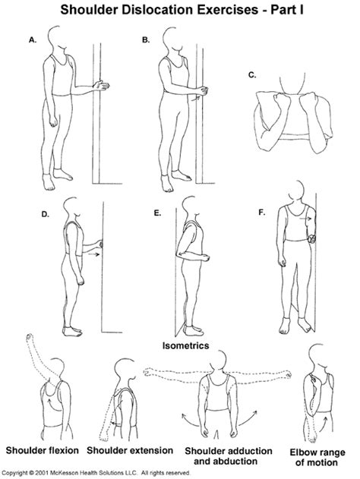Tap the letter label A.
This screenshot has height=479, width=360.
pos(33,39)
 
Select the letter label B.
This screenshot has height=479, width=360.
pos(146,39)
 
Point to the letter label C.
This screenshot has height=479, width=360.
pos(252,75)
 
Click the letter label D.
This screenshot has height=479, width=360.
pos(46,214)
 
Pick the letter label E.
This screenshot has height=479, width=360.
pos(157,213)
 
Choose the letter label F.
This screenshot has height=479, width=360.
pos(261,213)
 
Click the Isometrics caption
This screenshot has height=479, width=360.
pos(185,345)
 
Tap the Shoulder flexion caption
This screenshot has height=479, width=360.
pos(43,450)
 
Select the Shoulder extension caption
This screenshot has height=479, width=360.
pos(130,450)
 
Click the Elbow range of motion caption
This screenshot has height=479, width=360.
pos(317,457)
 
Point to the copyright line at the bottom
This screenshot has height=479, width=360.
pos(96,473)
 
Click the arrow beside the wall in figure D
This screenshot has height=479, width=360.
pos(93,254)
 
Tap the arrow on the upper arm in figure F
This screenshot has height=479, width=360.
pos(305,219)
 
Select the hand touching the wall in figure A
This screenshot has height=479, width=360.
pos(101,86)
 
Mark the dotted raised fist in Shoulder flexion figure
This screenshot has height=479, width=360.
pos(30,338)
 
